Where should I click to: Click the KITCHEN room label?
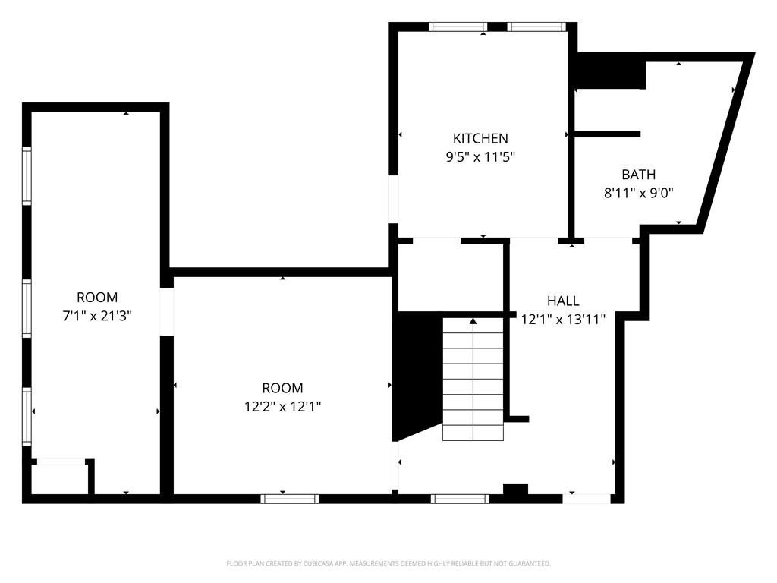coord(480,138)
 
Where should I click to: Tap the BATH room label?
coord(638,175)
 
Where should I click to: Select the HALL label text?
coord(563,301)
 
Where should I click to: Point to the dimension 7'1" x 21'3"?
coord(97,316)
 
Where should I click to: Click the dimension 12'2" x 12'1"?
coord(282,407)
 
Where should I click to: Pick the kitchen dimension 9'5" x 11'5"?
coord(480,157)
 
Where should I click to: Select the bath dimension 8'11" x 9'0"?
coord(638,193)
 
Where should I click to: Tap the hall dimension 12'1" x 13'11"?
coord(563,320)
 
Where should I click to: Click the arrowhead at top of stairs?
coord(473,321)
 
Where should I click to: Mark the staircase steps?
coord(473,380)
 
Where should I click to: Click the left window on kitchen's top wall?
coord(458,27)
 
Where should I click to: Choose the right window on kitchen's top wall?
coord(536,27)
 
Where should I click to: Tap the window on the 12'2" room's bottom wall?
coord(290,499)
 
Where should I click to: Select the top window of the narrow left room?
coord(27,175)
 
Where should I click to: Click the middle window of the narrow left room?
coord(27,308)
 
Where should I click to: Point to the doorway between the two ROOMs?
coord(166,311)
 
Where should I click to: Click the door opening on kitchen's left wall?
coord(394,199)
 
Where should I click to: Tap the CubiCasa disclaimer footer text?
coord(388,564)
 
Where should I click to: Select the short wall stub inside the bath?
coord(607,134)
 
